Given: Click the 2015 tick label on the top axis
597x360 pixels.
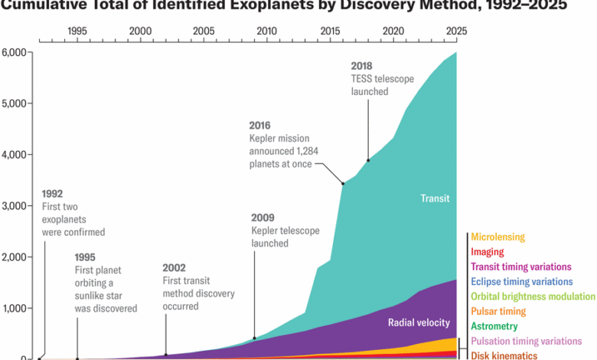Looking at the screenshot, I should pos(330,31).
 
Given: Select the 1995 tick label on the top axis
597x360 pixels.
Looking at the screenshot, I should pos(77,31).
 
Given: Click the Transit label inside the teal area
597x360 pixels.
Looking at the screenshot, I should pos(435,198).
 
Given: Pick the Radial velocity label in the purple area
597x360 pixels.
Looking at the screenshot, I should pos(419,322).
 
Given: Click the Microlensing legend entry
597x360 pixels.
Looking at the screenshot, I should pos(497,237).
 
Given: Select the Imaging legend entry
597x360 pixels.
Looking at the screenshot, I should pos(488,252).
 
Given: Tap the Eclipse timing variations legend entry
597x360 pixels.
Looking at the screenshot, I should pos(521,282).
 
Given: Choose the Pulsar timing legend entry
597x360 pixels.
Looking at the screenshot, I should pos(498,312).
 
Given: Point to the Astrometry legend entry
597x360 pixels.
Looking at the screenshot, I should pos(494,326).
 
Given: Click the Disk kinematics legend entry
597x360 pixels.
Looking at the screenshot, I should pos(504,355).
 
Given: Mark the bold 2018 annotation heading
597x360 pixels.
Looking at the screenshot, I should pos(362,65).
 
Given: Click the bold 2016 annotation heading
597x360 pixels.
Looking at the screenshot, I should pos(261,126).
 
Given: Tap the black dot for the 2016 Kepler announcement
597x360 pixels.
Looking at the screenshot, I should pos(343,184).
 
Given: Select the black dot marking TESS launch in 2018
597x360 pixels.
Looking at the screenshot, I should pos(368,160).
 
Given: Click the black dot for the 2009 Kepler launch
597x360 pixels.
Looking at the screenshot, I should pos(254,339).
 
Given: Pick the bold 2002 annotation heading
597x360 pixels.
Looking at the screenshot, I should pos(175,268).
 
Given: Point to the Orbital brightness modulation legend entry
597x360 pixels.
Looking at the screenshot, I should pos(533,296).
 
